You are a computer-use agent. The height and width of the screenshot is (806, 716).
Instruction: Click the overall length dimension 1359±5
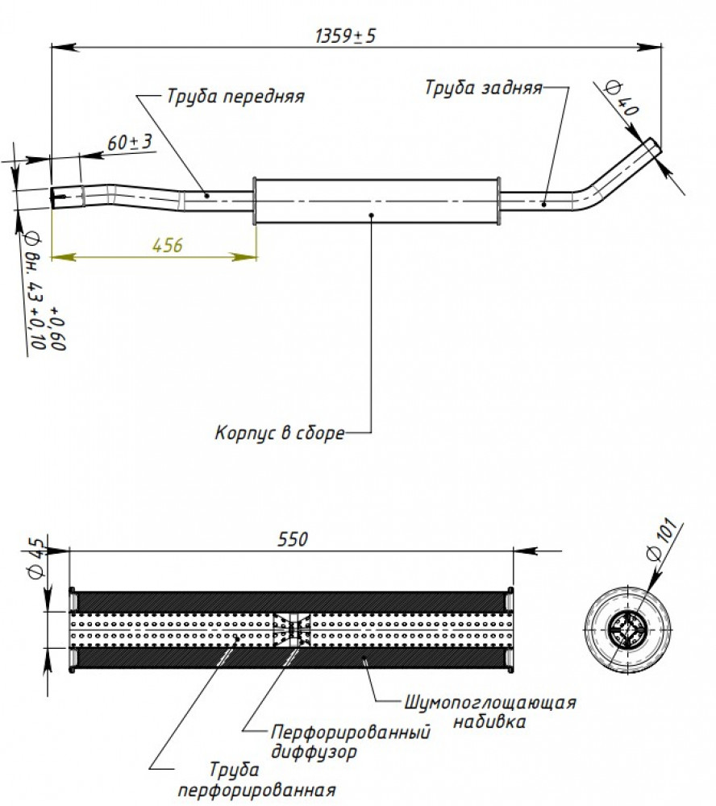click(345, 36)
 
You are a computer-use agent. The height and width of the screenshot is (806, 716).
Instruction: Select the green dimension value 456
click(168, 245)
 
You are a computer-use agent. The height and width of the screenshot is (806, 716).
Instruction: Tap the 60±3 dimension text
click(130, 142)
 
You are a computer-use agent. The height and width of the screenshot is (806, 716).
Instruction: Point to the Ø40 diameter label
click(622, 98)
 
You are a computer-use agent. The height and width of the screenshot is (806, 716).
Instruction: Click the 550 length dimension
click(293, 539)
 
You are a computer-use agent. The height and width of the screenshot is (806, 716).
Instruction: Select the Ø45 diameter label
click(37, 559)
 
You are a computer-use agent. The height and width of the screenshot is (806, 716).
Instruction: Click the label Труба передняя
click(235, 97)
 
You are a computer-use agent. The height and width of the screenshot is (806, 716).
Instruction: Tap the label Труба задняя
click(484, 88)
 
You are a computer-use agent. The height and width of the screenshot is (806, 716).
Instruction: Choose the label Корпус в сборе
click(280, 433)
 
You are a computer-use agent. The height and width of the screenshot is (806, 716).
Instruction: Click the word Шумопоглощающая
click(489, 702)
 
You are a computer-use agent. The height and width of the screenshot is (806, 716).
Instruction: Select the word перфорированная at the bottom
click(256, 790)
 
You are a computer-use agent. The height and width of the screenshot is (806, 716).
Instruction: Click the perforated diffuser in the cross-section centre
click(292, 629)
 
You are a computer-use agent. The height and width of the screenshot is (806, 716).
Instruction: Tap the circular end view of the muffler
click(628, 629)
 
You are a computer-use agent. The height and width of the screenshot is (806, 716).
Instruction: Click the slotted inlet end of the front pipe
click(59, 196)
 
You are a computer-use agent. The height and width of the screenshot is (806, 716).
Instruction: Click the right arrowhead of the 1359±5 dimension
click(650, 48)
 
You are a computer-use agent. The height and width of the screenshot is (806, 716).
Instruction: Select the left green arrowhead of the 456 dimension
click(63, 256)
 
